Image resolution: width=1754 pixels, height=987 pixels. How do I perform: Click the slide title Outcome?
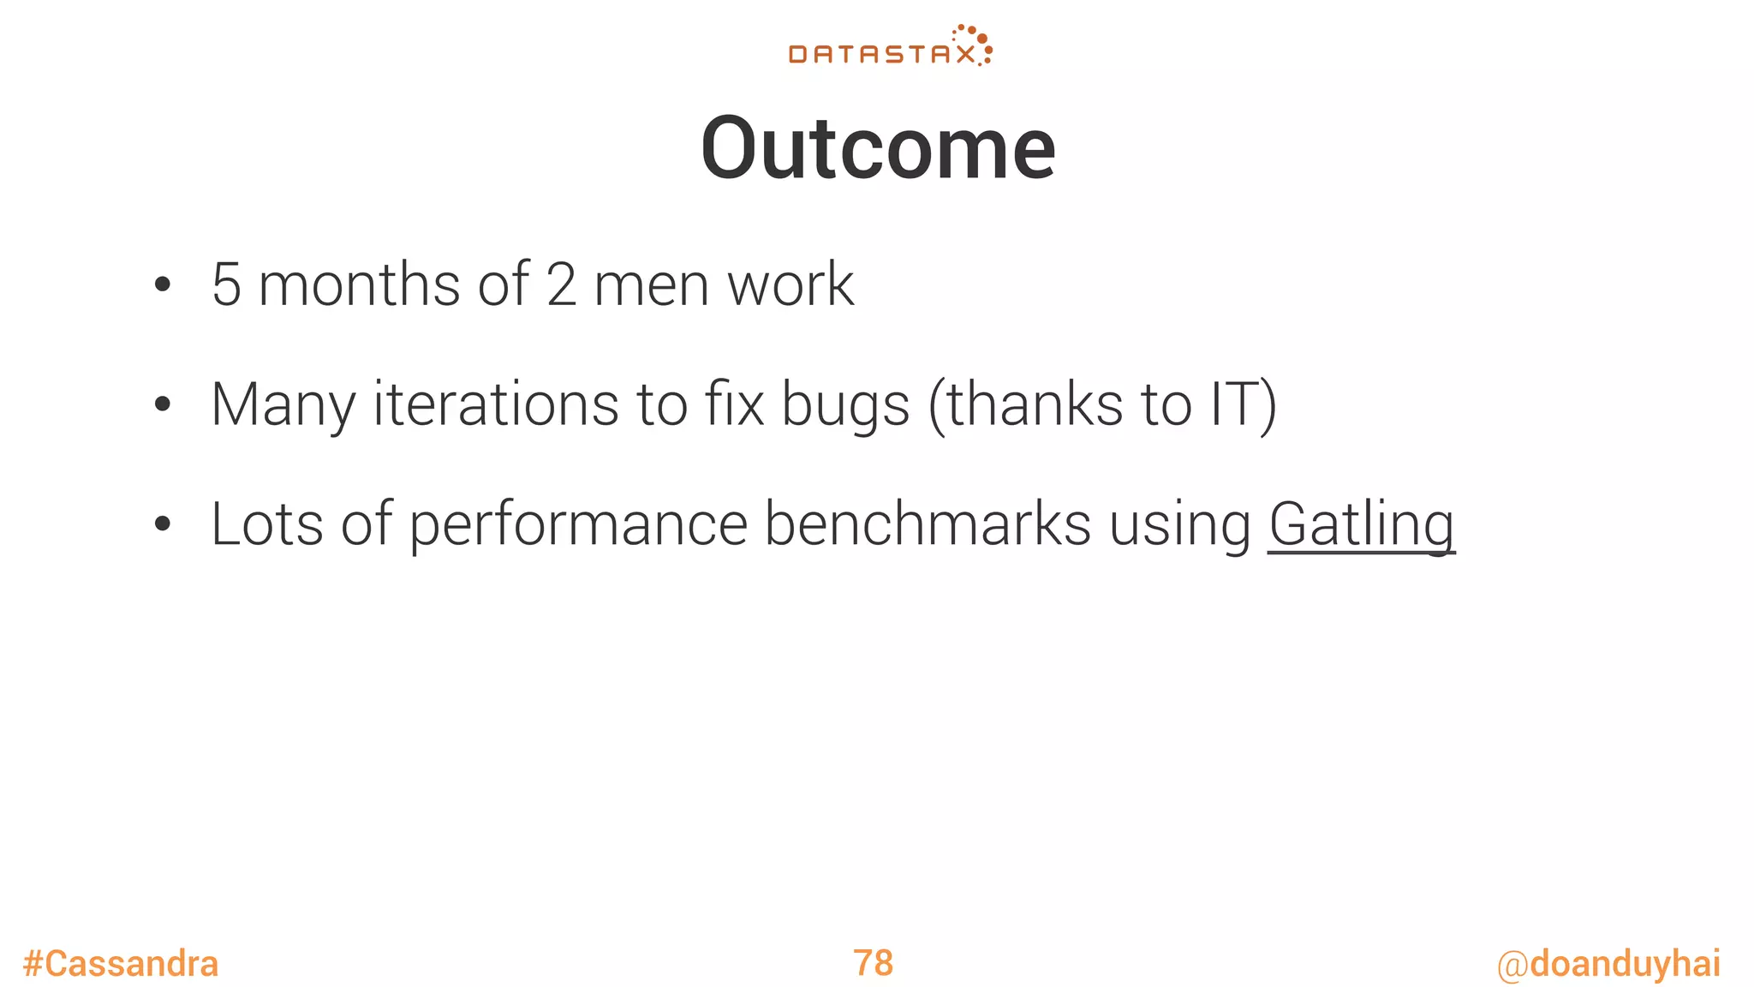(x=878, y=149)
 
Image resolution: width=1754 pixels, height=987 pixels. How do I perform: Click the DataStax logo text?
(x=880, y=55)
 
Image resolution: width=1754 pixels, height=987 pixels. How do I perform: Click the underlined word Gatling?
(x=1361, y=524)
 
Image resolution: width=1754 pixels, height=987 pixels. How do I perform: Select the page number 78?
(x=873, y=963)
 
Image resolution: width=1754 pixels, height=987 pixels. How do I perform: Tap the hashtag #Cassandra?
(x=121, y=964)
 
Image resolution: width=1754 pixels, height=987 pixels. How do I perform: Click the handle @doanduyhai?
(x=1608, y=964)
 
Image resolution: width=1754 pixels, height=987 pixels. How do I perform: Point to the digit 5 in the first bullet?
(x=226, y=285)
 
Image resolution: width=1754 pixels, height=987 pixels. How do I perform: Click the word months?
(x=359, y=285)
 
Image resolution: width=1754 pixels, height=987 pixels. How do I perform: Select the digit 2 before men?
(x=561, y=285)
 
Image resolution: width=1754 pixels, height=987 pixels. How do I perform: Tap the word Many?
(x=283, y=405)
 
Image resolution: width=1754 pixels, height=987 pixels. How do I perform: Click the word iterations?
(x=496, y=404)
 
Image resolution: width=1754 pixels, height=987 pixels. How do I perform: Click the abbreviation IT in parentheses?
(x=1232, y=404)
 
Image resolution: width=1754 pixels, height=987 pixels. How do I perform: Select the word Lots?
(x=266, y=524)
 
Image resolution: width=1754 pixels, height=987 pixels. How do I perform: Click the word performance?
(x=578, y=525)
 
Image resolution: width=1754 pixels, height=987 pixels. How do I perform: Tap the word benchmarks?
(x=928, y=524)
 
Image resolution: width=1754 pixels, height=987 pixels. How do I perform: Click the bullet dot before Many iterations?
(x=163, y=405)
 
